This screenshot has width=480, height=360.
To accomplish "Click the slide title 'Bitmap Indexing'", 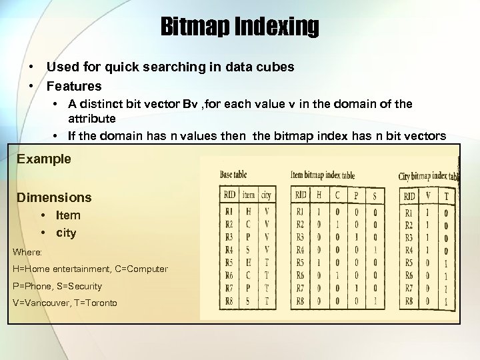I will click(239, 27).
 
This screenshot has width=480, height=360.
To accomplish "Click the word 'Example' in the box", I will click(44, 159).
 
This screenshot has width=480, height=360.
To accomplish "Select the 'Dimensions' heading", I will click(54, 197).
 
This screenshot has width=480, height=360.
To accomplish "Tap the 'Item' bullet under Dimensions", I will click(68, 215).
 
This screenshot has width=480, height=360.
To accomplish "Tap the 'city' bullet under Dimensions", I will click(66, 233).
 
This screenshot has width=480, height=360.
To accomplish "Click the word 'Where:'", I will click(27, 252).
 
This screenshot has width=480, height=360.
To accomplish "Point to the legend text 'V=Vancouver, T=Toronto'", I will click(65, 303).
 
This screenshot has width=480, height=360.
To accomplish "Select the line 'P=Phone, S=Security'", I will click(57, 286).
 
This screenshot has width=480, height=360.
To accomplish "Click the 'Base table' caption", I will click(233, 175).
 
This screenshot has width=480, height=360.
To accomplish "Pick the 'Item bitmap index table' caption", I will click(323, 175).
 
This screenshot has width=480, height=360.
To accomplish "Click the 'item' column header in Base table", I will click(248, 195).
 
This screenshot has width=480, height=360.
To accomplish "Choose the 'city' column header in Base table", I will click(267, 195).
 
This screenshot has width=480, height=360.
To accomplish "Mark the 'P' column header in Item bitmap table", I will click(357, 195).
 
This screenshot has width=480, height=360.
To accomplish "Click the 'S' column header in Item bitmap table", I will click(375, 195).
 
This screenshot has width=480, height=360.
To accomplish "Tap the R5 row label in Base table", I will click(229, 263).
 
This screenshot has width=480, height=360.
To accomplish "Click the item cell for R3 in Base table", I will click(248, 237).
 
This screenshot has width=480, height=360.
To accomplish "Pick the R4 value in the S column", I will click(375, 250).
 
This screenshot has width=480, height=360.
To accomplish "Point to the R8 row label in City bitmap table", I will click(409, 301).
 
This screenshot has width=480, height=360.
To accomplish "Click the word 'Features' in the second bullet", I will click(74, 86).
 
